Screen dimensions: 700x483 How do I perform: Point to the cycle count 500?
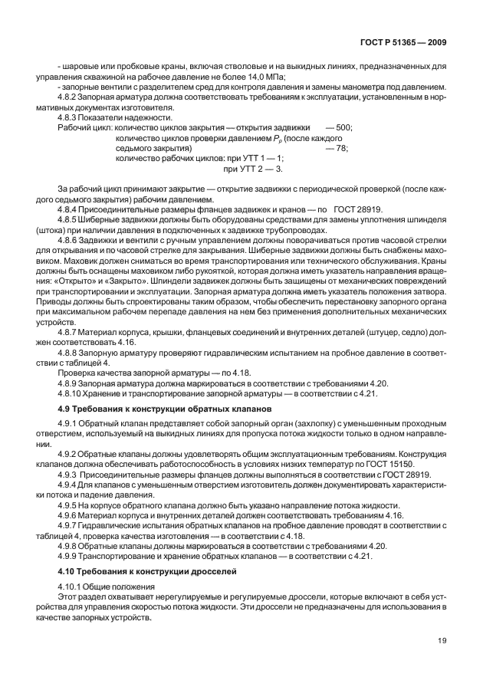point(343,127)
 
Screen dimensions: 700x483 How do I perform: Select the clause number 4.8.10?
point(72,393)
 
